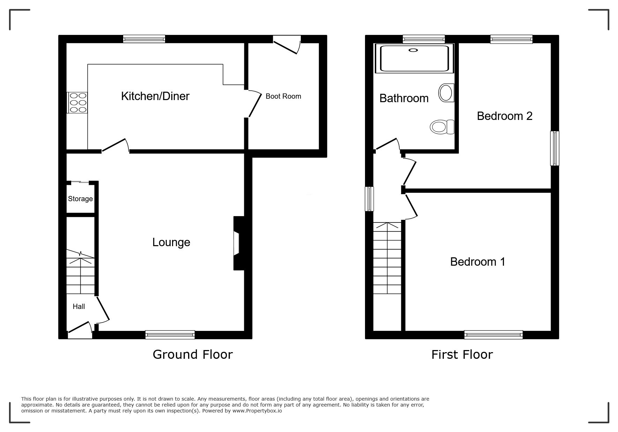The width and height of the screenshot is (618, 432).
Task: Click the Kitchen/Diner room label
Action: pyautogui.click(x=155, y=96)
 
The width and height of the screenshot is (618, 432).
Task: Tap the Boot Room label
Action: pyautogui.click(x=283, y=96)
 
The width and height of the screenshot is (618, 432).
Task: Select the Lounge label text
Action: pyautogui.click(x=171, y=242)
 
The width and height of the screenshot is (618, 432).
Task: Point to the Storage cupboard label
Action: pyautogui.click(x=80, y=199)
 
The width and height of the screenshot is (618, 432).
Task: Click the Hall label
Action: pyautogui.click(x=79, y=306)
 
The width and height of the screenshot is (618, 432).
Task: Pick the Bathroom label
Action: pyautogui.click(x=404, y=98)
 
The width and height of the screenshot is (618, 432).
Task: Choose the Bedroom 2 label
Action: pyautogui.click(x=505, y=116)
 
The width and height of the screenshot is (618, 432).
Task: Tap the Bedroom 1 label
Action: pyautogui.click(x=477, y=262)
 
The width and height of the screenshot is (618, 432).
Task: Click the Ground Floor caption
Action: pyautogui.click(x=193, y=355)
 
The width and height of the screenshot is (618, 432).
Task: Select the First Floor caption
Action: pyautogui.click(x=462, y=355)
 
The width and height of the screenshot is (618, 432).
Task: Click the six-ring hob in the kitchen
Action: pyautogui.click(x=77, y=103)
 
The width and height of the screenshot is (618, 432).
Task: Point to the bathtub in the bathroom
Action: pyautogui.click(x=414, y=59)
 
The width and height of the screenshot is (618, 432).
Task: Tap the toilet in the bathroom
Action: pyautogui.click(x=442, y=127)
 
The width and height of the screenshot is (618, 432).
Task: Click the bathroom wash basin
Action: pyautogui.click(x=446, y=93)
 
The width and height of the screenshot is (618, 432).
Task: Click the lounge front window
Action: pyautogui.click(x=170, y=335)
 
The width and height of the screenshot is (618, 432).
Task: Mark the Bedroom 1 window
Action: pyautogui.click(x=493, y=335)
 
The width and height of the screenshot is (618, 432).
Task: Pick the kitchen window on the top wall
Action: pyautogui.click(x=144, y=39)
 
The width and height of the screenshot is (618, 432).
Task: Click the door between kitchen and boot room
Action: pyautogui.click(x=254, y=104)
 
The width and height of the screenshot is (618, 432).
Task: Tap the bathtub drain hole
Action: pyautogui.click(x=413, y=50)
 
